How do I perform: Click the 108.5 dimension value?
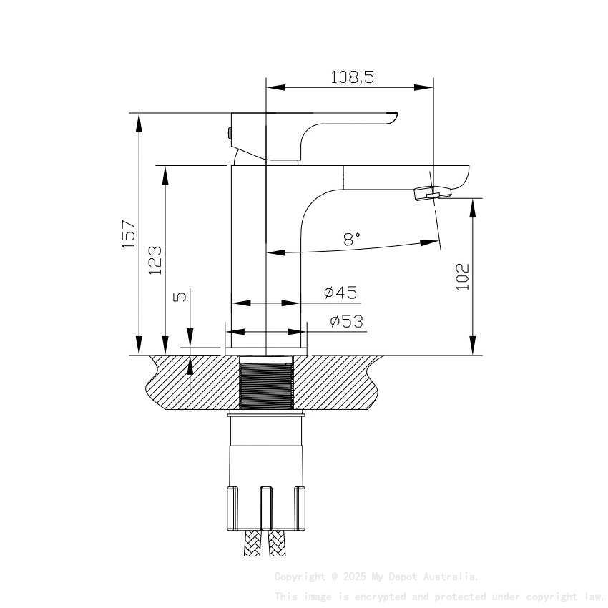pyautogui.click(x=352, y=77)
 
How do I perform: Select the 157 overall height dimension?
pyautogui.click(x=129, y=234)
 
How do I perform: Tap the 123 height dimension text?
pyautogui.click(x=155, y=260)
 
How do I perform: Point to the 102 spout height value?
pyautogui.click(x=462, y=276)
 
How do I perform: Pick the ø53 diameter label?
pyautogui.click(x=346, y=322)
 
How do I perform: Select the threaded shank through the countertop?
pyautogui.click(x=266, y=383)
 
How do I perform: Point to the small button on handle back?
pyautogui.click(x=229, y=132)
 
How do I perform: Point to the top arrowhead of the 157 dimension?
pyautogui.click(x=138, y=122)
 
